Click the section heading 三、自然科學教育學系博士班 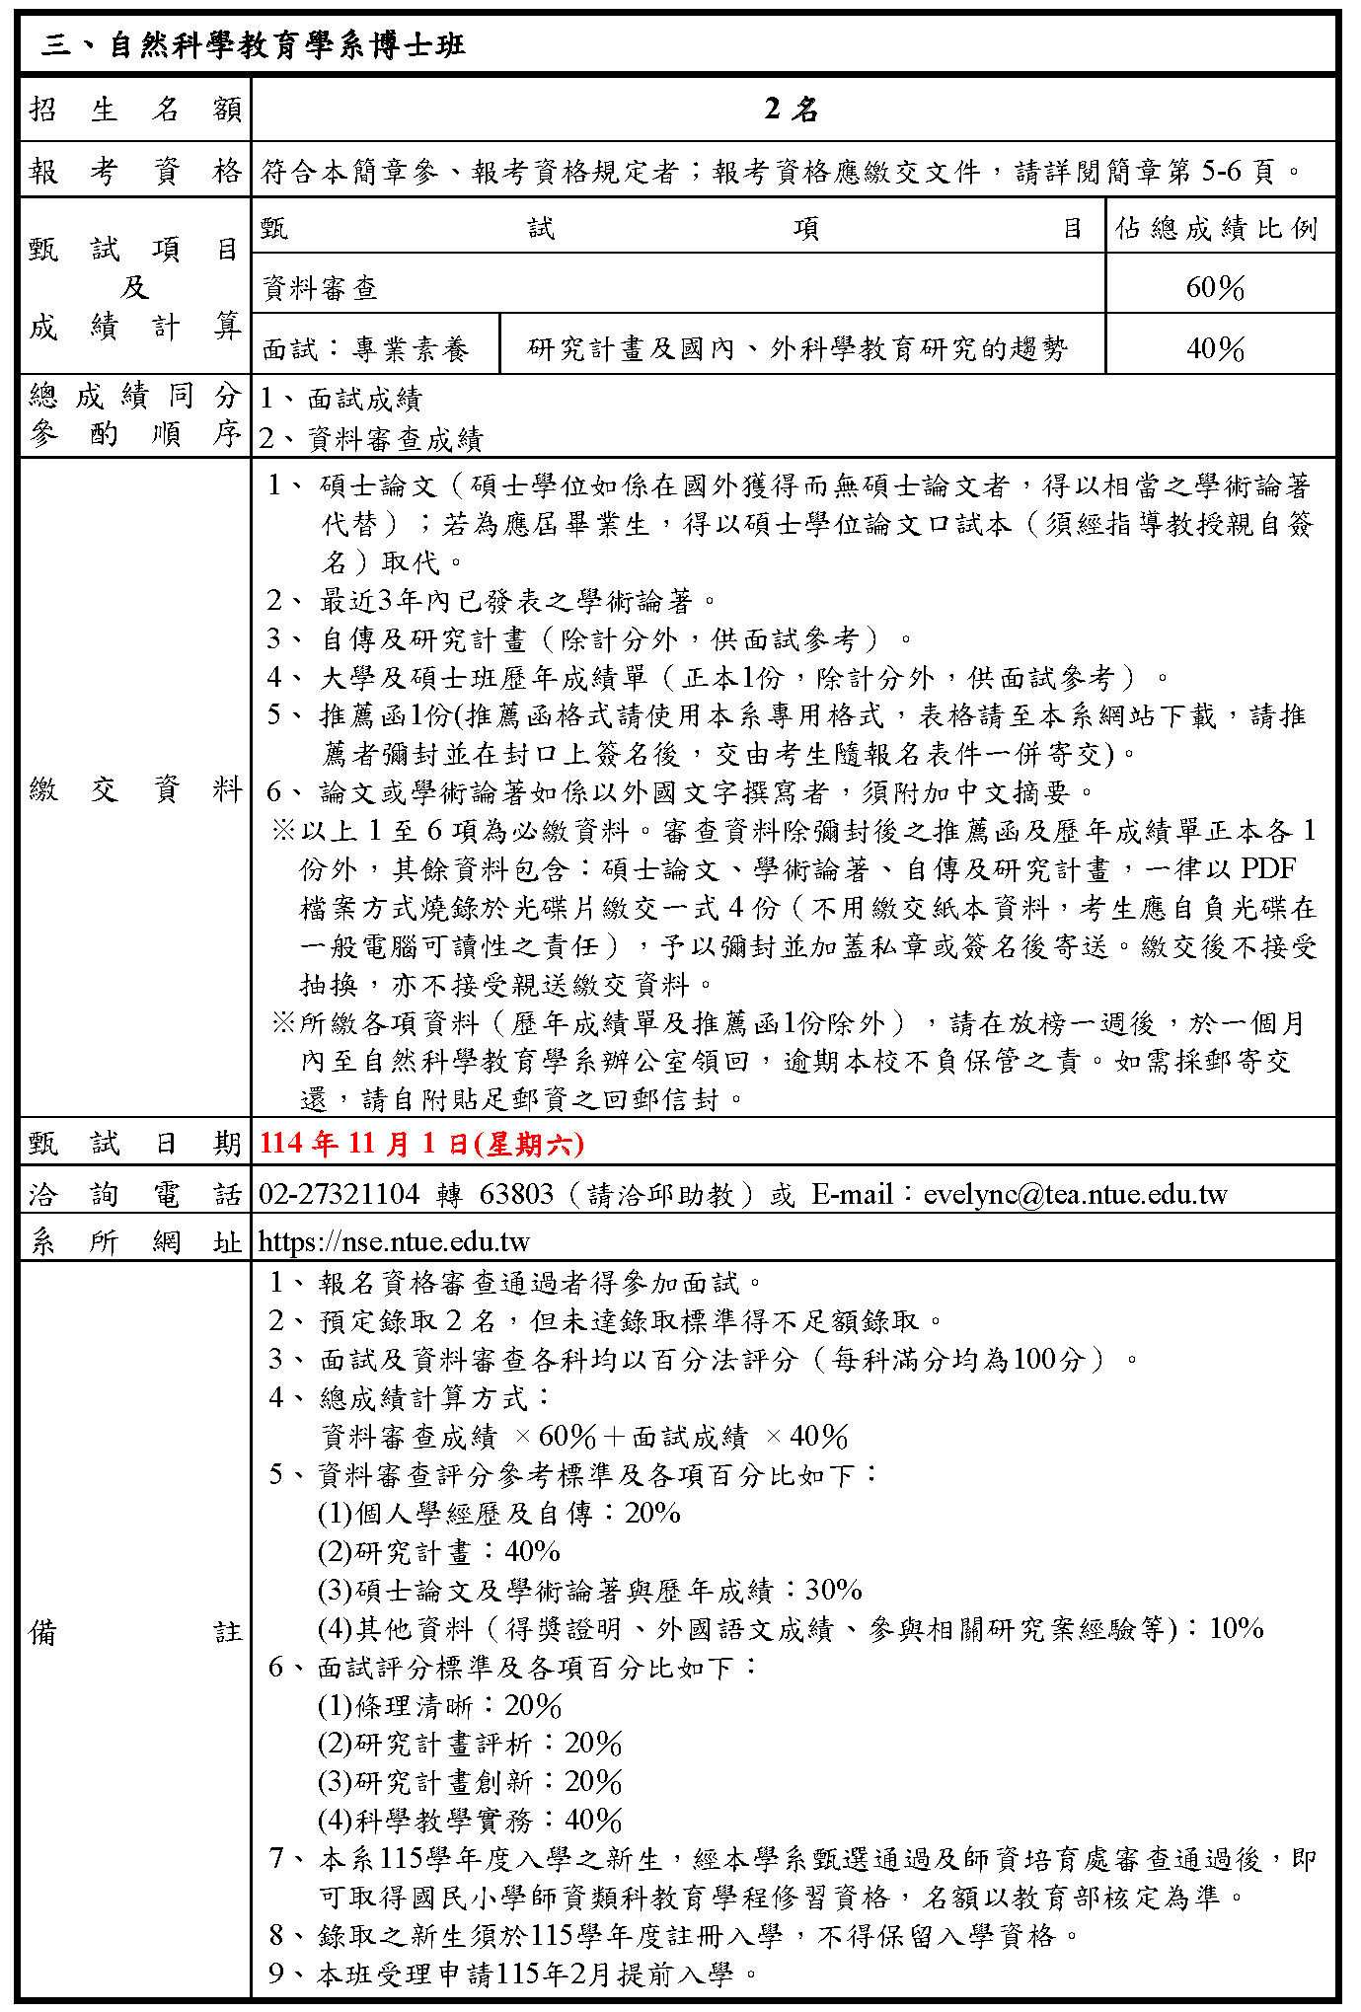253,45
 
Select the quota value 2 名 792,109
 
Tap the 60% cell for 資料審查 1216,287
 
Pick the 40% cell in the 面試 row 1216,348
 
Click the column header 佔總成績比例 1217,229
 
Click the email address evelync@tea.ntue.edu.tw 1075,1194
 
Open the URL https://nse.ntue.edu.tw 395,1241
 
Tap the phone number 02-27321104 340,1194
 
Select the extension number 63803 516,1194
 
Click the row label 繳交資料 135,788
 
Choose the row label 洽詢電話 135,1194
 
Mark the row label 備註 135,1632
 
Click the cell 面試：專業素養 366,348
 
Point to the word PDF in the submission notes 1268,868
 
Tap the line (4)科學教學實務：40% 470,1821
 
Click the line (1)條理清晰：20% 439,1706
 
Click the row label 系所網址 135,1241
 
